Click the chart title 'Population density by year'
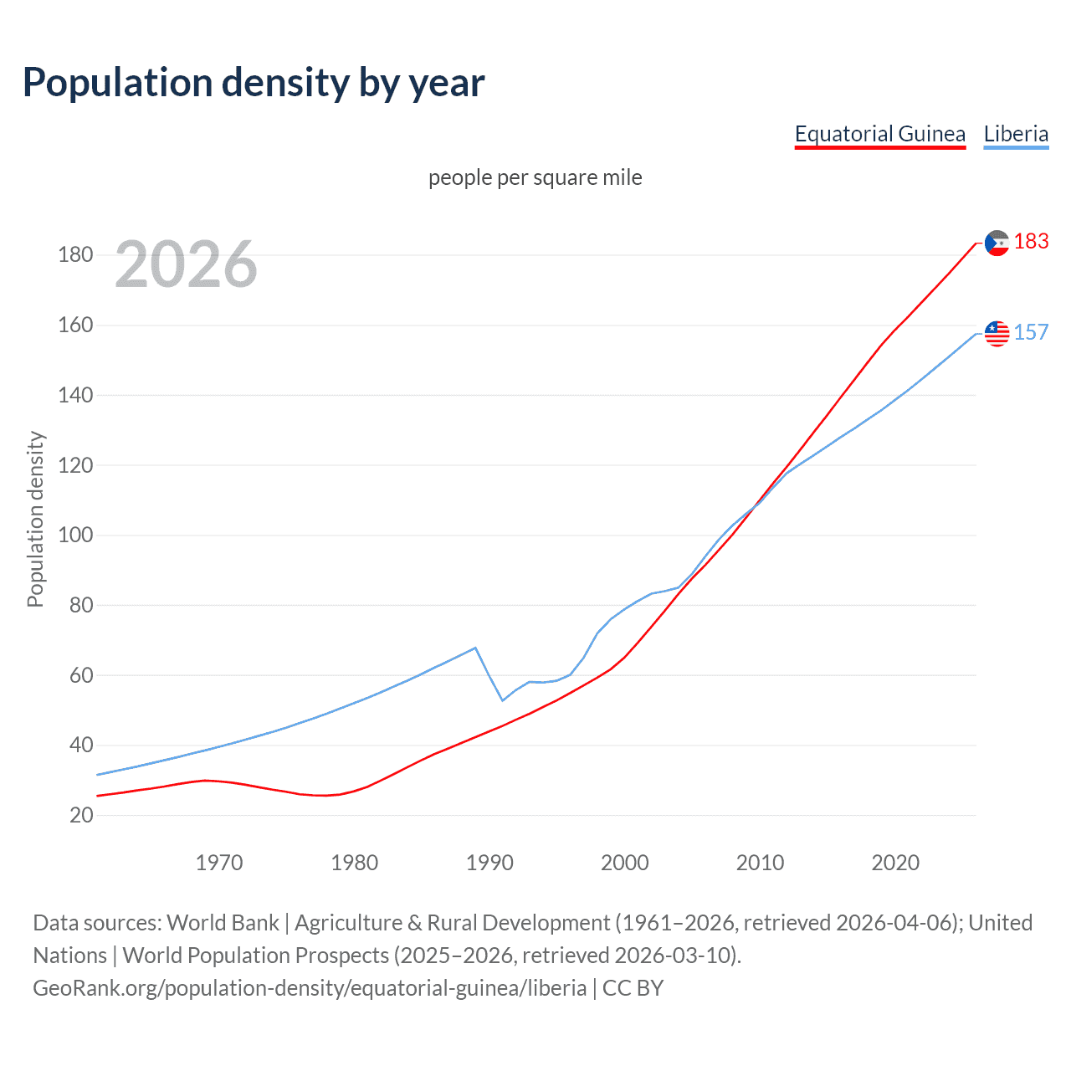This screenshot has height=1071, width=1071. tap(254, 83)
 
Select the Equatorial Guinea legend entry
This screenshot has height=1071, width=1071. tap(879, 134)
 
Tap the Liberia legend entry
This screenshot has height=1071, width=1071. tap(1016, 134)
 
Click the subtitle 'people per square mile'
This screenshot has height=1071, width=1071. tap(535, 177)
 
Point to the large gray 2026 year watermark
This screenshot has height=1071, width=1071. tap(186, 264)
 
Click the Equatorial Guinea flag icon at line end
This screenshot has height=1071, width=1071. tap(997, 243)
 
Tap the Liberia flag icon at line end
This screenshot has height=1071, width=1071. tap(997, 333)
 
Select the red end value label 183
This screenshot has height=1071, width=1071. tap(1031, 242)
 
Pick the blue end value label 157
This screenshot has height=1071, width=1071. tap(1031, 332)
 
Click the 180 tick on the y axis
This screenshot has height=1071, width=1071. tap(75, 254)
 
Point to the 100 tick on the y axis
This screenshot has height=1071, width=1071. tap(75, 535)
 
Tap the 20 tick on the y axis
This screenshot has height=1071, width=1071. tap(80, 815)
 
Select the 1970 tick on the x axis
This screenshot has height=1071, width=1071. tap(219, 863)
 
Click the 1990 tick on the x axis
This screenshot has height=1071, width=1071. tap(489, 863)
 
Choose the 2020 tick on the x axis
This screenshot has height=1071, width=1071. tap(895, 863)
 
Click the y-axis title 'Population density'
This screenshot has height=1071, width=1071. tap(35, 519)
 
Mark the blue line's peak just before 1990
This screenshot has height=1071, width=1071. tap(475, 648)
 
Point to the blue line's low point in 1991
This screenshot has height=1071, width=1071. tap(502, 700)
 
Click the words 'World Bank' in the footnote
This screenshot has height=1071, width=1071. tap(223, 923)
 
